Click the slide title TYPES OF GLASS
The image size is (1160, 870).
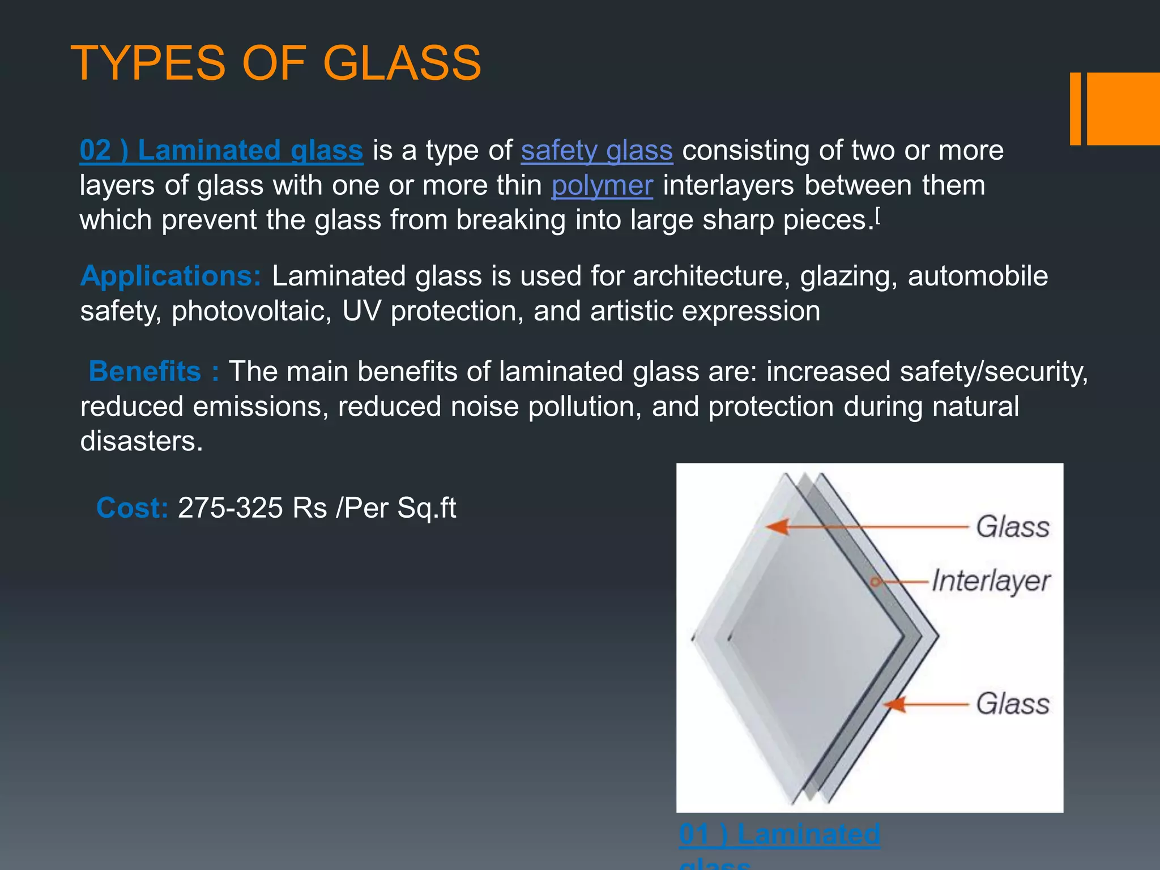(x=276, y=63)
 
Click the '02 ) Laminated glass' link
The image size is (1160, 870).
(x=221, y=151)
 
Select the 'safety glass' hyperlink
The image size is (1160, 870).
(x=596, y=151)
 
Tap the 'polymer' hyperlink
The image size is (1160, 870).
(x=602, y=186)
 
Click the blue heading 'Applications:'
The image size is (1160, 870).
(x=170, y=276)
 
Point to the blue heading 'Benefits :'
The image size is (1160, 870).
(x=153, y=372)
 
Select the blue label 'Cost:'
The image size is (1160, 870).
(x=132, y=507)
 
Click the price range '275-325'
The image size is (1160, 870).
(x=230, y=507)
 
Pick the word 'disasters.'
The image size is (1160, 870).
(x=142, y=441)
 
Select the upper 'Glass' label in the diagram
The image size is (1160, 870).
(x=1013, y=527)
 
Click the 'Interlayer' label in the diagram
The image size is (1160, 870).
(x=991, y=581)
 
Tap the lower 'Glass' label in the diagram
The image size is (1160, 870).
(x=1013, y=704)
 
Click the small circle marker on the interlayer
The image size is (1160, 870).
(x=875, y=582)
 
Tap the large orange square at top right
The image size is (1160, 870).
(x=1123, y=109)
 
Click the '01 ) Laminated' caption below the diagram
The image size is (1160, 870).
(x=779, y=834)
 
